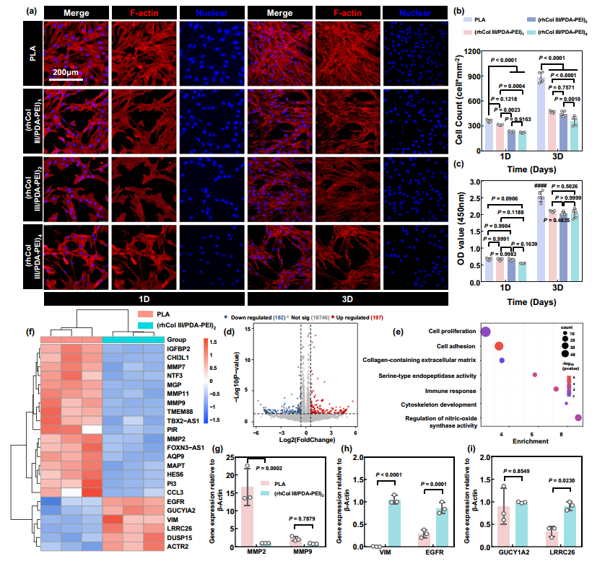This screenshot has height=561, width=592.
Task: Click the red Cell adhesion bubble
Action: click(x=499, y=346)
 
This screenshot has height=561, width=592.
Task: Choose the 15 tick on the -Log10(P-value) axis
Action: click(x=246, y=329)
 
